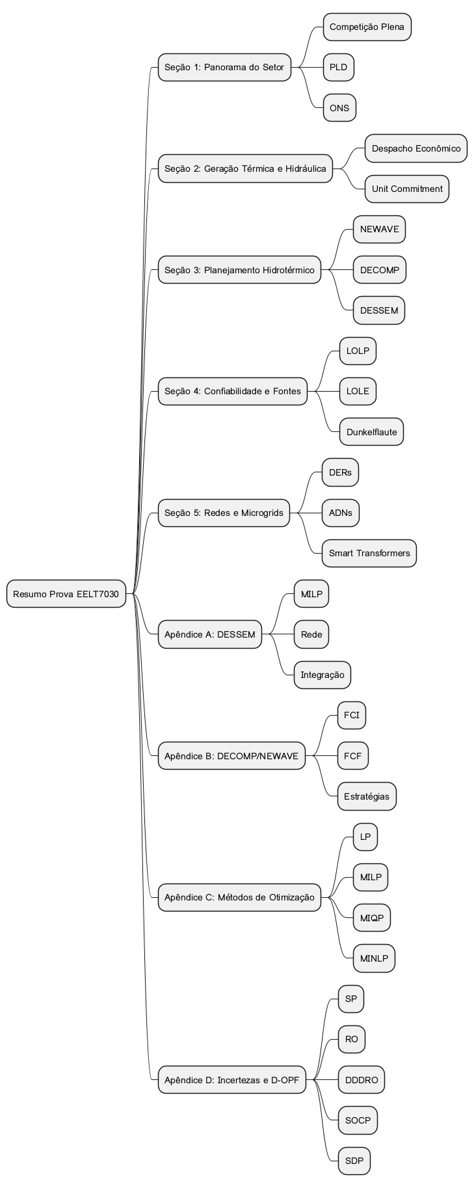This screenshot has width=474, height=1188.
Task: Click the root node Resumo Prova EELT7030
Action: click(x=66, y=594)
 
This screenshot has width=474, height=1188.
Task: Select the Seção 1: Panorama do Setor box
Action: click(x=224, y=67)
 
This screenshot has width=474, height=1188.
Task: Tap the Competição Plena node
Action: click(x=367, y=27)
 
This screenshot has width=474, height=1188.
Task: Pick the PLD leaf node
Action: click(x=338, y=67)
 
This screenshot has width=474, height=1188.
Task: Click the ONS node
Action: click(x=339, y=108)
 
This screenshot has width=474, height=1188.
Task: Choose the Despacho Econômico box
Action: click(x=415, y=148)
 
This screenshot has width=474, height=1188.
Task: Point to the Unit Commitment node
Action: click(x=406, y=189)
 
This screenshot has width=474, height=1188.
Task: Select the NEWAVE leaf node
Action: click(x=379, y=229)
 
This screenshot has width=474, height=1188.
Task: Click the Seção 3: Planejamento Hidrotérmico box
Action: click(x=239, y=270)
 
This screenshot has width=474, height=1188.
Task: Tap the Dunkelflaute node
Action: click(x=371, y=432)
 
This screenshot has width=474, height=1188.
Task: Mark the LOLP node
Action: click(x=358, y=351)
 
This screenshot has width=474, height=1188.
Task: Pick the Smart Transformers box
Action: click(x=369, y=553)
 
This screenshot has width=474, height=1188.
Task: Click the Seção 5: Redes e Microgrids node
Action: click(x=224, y=513)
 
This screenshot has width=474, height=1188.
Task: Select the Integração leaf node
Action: click(x=322, y=675)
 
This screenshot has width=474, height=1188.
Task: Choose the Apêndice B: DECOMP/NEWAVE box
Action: click(x=231, y=756)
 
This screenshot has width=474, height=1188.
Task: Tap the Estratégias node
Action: click(x=367, y=796)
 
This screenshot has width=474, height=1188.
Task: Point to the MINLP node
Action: click(x=374, y=958)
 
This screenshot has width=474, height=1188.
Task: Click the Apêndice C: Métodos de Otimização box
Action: click(x=239, y=897)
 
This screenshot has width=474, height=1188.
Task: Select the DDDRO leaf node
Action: click(x=362, y=1080)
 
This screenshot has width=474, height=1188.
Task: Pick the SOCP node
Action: click(x=358, y=1120)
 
